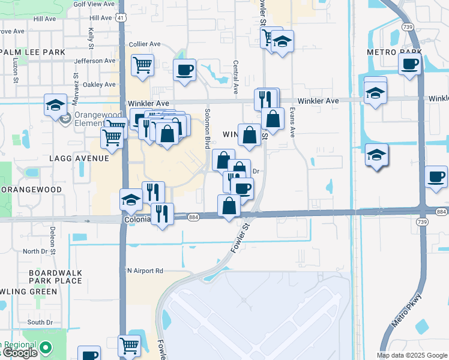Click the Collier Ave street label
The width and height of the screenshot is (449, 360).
click(x=145, y=44)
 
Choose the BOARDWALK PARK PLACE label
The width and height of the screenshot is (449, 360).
click(x=55, y=277)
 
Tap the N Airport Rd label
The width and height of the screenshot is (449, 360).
click(x=144, y=271)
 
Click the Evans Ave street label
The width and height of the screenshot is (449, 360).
click(x=293, y=122)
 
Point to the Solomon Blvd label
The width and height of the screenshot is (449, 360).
click(x=208, y=133)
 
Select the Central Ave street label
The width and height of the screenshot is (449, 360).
click(x=236, y=73)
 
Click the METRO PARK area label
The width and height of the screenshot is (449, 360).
click(x=394, y=53)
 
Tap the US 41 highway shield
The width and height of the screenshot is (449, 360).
click(x=122, y=19)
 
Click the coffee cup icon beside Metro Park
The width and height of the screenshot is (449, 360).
click(x=410, y=65)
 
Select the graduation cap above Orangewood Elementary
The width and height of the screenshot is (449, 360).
click(x=55, y=105)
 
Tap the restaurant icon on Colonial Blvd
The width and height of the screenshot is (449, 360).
click(x=162, y=214)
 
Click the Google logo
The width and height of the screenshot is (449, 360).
click(x=19, y=353)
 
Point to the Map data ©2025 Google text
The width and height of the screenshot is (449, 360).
click(x=412, y=355)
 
